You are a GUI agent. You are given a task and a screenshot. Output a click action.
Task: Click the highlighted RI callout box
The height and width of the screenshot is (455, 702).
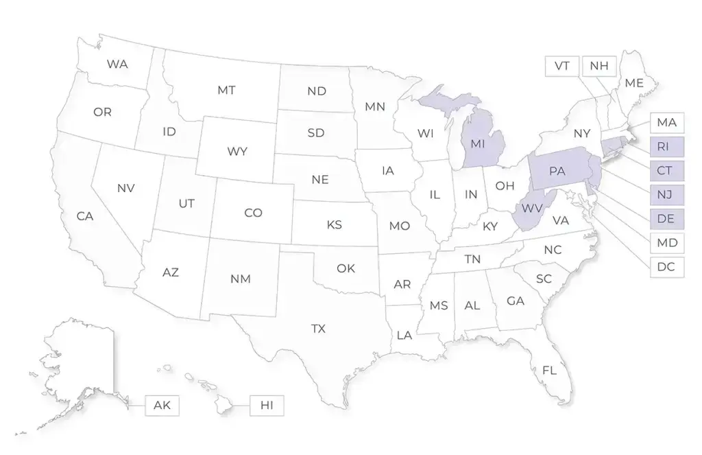click(666, 146)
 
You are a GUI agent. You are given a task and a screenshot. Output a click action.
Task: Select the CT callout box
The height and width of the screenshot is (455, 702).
click(666, 170)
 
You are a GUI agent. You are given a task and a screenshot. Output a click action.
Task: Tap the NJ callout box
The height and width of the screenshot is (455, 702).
click(666, 194)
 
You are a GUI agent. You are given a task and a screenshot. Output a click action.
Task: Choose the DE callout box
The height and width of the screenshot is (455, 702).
click(666, 218)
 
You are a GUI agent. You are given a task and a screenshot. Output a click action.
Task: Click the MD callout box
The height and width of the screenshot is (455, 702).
click(666, 243)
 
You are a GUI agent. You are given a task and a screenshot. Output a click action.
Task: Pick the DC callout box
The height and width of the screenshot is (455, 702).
click(666, 267)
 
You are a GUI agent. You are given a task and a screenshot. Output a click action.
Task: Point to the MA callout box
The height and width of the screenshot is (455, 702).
click(666, 123)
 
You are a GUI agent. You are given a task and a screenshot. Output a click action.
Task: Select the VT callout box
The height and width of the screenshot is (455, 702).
click(562, 66)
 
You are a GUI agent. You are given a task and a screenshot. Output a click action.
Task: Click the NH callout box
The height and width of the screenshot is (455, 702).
click(598, 66)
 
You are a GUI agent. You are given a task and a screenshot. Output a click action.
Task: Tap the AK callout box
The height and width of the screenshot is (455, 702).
click(162, 405)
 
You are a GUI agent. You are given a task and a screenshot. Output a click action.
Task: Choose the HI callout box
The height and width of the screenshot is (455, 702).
click(267, 405)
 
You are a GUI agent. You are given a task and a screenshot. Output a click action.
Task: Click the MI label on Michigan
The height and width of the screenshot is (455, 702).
click(478, 143)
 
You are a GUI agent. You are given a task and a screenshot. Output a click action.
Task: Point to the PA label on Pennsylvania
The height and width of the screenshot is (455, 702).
click(557, 171)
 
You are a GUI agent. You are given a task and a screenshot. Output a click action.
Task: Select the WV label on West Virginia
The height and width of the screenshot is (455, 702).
click(532, 207)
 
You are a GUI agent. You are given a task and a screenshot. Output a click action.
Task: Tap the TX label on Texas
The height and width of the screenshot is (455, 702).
click(318, 329)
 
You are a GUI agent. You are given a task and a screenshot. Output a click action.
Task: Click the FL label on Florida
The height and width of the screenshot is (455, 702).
click(549, 371)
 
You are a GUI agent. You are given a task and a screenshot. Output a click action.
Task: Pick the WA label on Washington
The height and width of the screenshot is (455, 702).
click(117, 65)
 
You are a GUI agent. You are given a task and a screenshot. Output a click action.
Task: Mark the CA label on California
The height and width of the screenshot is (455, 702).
click(85, 217)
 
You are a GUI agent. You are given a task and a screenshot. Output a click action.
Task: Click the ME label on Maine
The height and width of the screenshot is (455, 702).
click(634, 83)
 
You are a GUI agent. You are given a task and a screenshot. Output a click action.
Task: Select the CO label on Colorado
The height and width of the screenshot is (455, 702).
click(253, 213)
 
